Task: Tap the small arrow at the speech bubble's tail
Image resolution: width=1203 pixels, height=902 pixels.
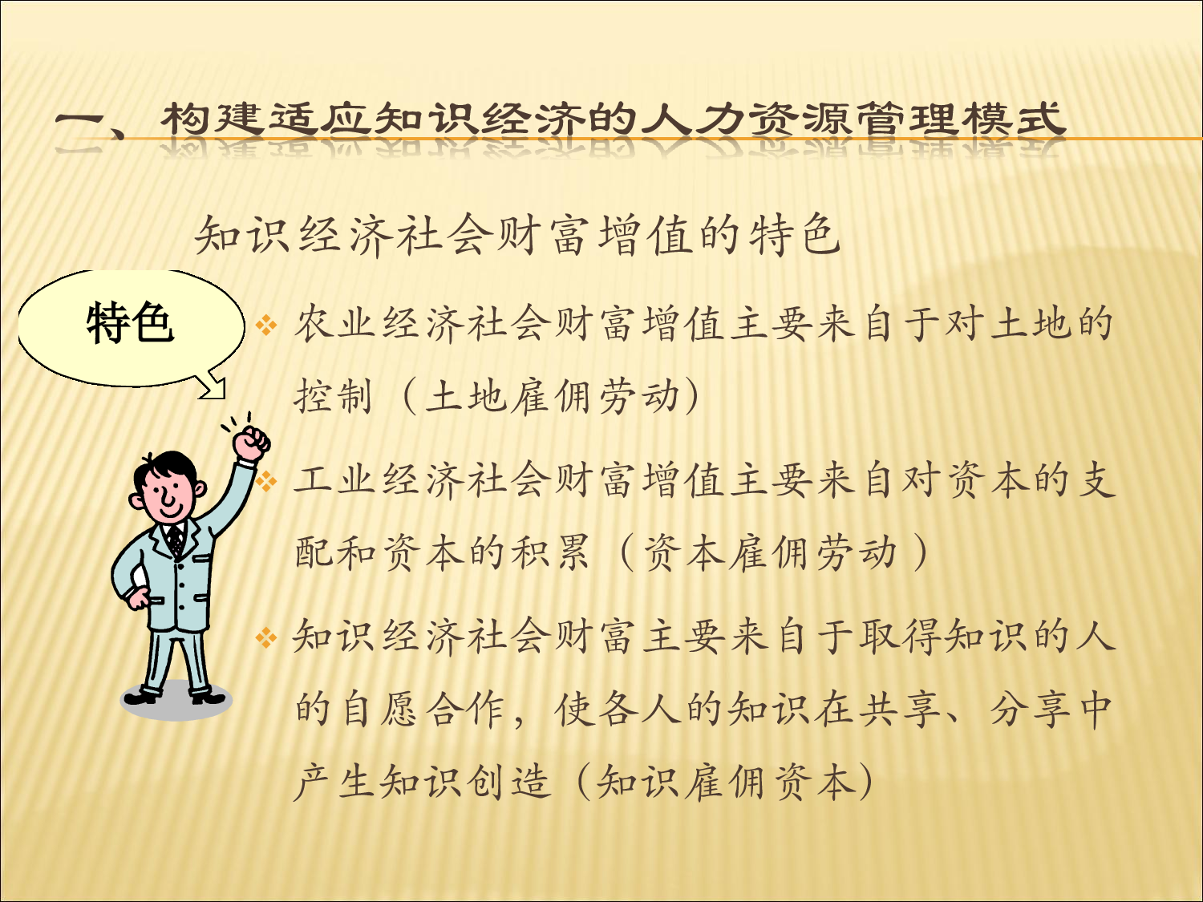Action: [x=213, y=389]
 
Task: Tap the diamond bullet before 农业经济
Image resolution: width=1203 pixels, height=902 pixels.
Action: [x=266, y=326]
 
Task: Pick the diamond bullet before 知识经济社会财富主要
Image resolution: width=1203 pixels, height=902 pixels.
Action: [x=266, y=638]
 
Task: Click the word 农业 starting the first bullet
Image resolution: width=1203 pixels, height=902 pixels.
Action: [x=336, y=324]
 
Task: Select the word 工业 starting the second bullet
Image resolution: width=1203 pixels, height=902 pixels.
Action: [x=336, y=480]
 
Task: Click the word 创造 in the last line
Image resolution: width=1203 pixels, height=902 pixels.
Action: [x=509, y=782]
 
